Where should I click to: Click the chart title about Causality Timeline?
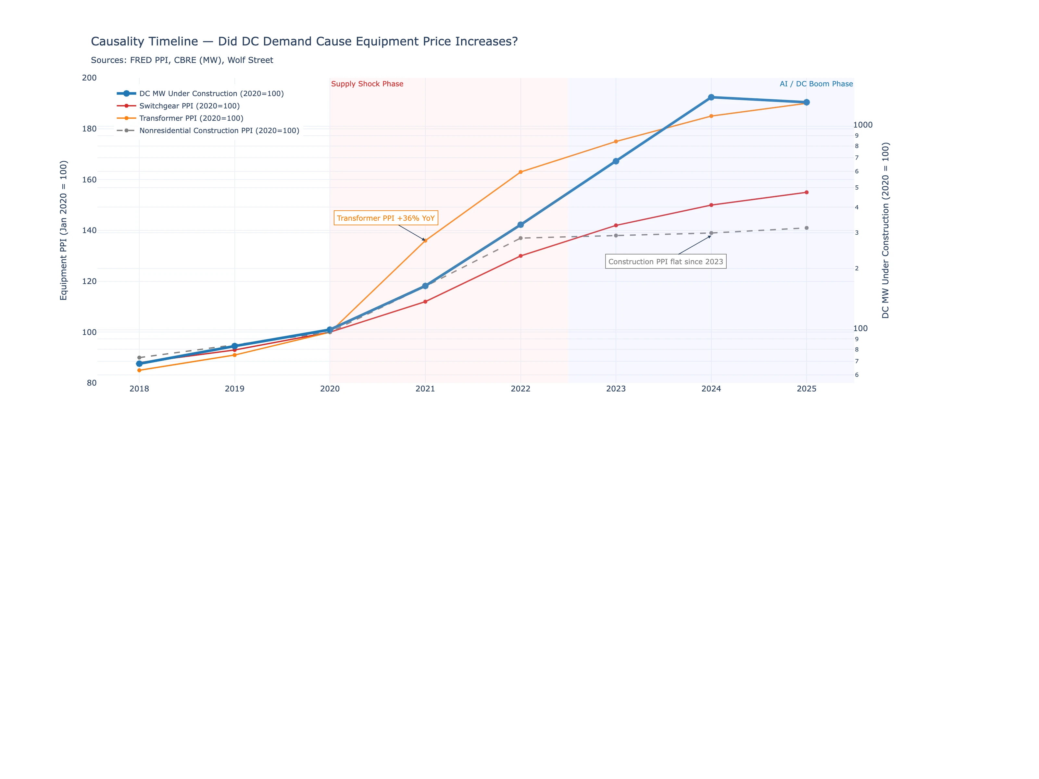(304, 41)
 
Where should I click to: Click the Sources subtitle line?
(182, 60)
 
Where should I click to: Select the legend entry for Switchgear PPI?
(189, 105)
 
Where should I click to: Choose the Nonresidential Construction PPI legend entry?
(219, 130)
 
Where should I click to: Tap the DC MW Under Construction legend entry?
(211, 93)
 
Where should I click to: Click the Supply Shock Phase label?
(367, 84)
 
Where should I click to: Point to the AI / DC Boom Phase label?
(816, 84)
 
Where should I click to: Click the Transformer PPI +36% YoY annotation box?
(386, 218)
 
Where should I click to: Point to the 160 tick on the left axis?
(89, 179)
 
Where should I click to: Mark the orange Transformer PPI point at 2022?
(520, 172)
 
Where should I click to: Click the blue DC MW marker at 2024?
(711, 97)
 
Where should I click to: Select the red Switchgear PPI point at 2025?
(807, 192)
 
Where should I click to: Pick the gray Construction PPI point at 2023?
(616, 235)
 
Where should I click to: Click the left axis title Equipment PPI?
(63, 230)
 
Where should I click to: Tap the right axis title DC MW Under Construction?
(885, 230)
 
